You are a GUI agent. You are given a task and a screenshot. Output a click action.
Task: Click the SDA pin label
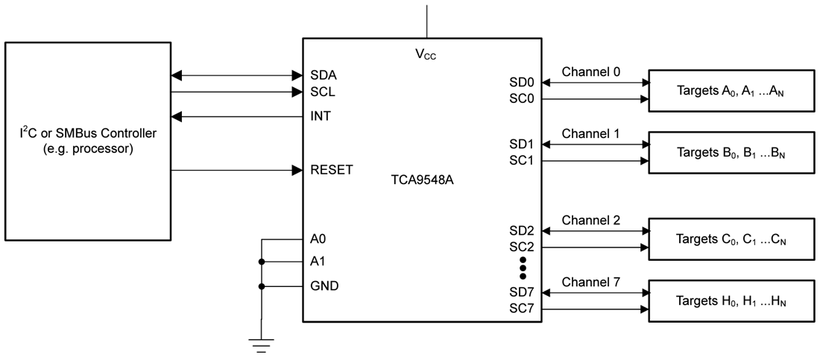(x=323, y=75)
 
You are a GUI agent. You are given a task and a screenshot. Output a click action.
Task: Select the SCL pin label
(x=322, y=92)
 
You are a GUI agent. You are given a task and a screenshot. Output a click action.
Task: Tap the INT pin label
(x=321, y=117)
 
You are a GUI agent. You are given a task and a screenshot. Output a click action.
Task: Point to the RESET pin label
(x=331, y=170)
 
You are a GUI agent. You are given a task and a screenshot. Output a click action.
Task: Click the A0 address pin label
(x=318, y=239)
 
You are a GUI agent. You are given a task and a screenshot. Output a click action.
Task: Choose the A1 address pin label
(x=318, y=262)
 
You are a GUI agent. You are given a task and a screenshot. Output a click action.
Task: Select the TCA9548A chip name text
(x=422, y=180)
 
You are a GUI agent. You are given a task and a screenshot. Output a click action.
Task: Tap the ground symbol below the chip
(x=261, y=344)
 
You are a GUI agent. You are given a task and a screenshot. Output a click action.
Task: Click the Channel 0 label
(x=591, y=72)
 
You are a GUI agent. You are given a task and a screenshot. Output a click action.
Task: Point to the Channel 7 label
(x=591, y=282)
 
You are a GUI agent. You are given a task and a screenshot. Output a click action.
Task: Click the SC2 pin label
(x=522, y=247)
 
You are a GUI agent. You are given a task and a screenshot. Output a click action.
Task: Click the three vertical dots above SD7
(x=523, y=268)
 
